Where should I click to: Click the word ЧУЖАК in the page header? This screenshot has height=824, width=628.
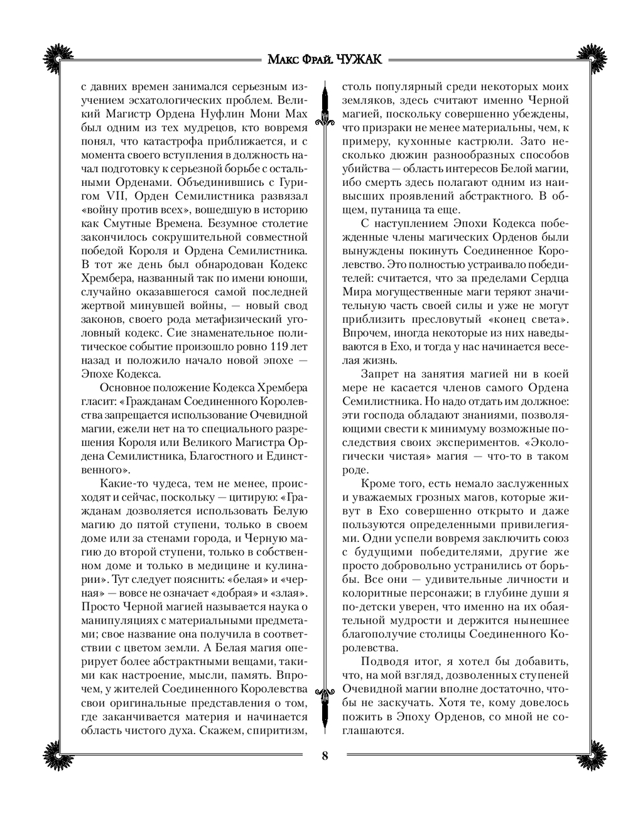(x=359, y=59)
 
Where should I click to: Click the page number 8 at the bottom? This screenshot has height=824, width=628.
(x=325, y=755)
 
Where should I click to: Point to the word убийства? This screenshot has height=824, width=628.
(x=367, y=169)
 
